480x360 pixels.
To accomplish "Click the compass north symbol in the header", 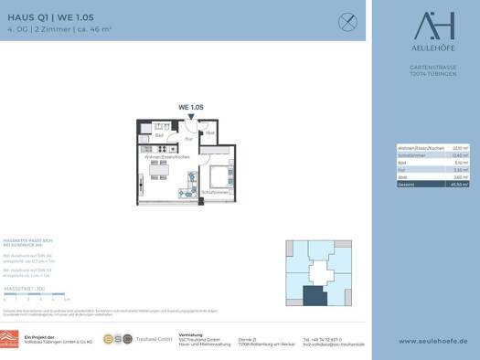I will click(x=347, y=20).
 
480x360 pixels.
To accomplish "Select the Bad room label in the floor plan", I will click(x=158, y=136).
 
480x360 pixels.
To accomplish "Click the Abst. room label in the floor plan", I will click(x=208, y=133).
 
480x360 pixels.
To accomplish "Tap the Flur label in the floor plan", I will click(x=187, y=141).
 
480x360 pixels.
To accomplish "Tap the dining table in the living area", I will click(x=155, y=171).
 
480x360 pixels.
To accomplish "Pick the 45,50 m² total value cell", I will click(x=460, y=183).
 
